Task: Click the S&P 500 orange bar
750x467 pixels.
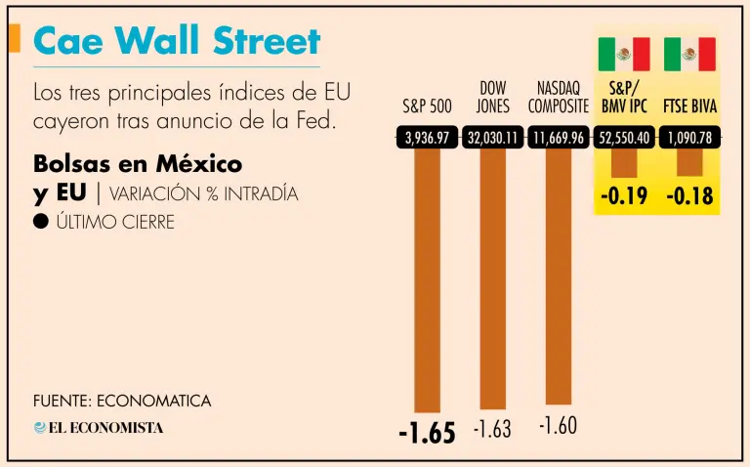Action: point(427,278)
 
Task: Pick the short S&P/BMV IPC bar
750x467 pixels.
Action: point(624,162)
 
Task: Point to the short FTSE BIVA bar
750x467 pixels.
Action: point(689,161)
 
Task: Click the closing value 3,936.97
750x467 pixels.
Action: point(427,138)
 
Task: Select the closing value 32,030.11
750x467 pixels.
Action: point(493,138)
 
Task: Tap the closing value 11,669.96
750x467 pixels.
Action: point(559,138)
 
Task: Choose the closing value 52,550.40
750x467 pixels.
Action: point(624,138)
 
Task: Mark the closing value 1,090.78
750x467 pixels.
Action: point(689,138)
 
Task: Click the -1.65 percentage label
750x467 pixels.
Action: point(427,432)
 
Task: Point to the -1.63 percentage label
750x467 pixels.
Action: point(492,429)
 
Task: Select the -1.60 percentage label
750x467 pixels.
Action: point(559,426)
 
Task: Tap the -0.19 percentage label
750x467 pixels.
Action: point(624,197)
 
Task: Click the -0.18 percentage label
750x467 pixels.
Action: point(689,197)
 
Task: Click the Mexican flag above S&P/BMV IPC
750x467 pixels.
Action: point(624,54)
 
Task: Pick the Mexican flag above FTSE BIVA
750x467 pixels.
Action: point(689,54)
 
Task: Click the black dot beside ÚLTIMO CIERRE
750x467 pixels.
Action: point(41,222)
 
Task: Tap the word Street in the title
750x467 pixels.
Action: point(268,41)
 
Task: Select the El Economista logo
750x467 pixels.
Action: point(99,427)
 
